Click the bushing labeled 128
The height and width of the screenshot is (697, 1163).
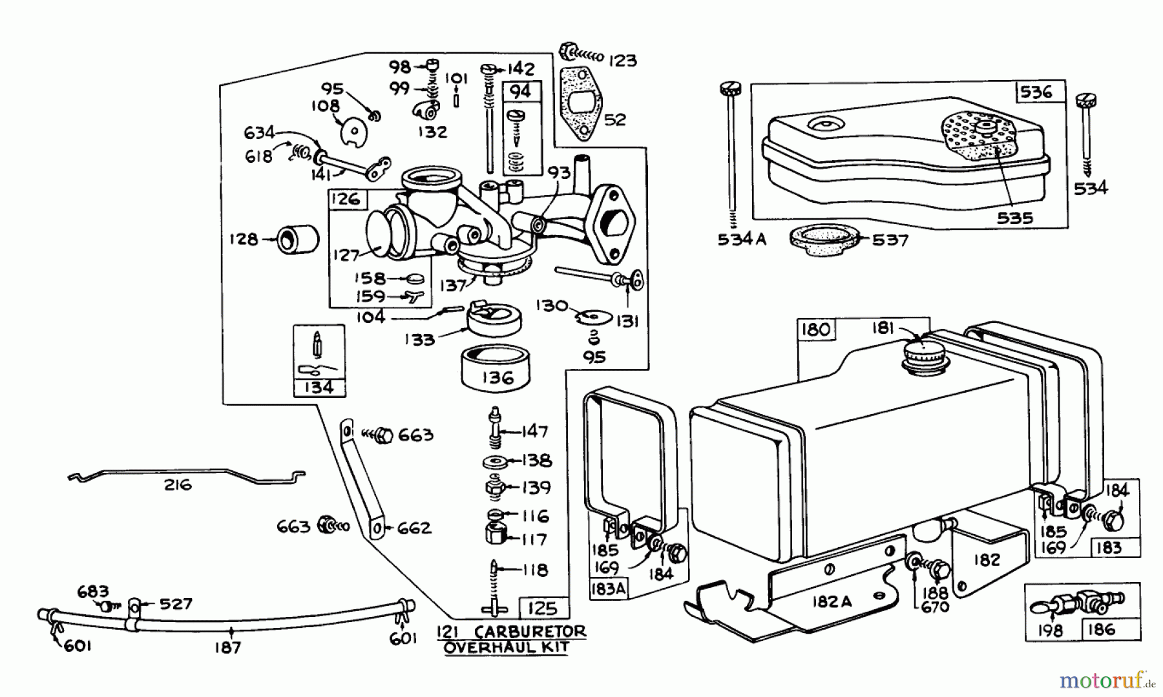pyautogui.click(x=299, y=239)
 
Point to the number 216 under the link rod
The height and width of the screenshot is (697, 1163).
pyautogui.click(x=178, y=484)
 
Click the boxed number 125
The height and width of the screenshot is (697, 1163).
pyautogui.click(x=542, y=609)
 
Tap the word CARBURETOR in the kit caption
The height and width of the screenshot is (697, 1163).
pyautogui.click(x=530, y=631)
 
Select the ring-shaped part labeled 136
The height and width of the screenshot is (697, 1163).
pyautogui.click(x=496, y=368)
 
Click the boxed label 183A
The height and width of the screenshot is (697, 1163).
pyautogui.click(x=607, y=589)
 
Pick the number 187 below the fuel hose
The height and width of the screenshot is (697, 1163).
pyautogui.click(x=228, y=647)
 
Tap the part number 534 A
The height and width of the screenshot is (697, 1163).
pyautogui.click(x=741, y=240)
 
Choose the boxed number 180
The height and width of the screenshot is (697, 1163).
pyautogui.click(x=815, y=329)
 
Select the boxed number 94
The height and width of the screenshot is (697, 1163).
pyautogui.click(x=520, y=91)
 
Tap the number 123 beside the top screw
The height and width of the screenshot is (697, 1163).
pyautogui.click(x=623, y=61)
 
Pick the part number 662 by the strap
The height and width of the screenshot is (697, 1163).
pyautogui.click(x=414, y=528)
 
